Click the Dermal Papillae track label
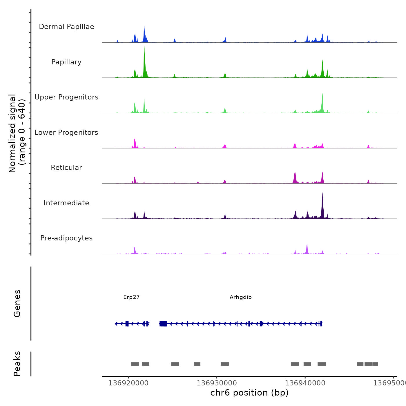66,27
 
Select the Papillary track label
66,62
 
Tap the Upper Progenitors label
66,97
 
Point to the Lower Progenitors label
66,133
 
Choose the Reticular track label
66,168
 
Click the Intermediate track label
66,203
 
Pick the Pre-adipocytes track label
66,238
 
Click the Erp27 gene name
131,297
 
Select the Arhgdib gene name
241,297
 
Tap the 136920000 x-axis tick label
128,383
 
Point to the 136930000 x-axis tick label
217,383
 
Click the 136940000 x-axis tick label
305,383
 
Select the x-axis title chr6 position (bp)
249,393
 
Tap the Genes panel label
17,303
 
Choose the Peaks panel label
17,364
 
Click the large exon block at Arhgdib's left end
163,324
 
